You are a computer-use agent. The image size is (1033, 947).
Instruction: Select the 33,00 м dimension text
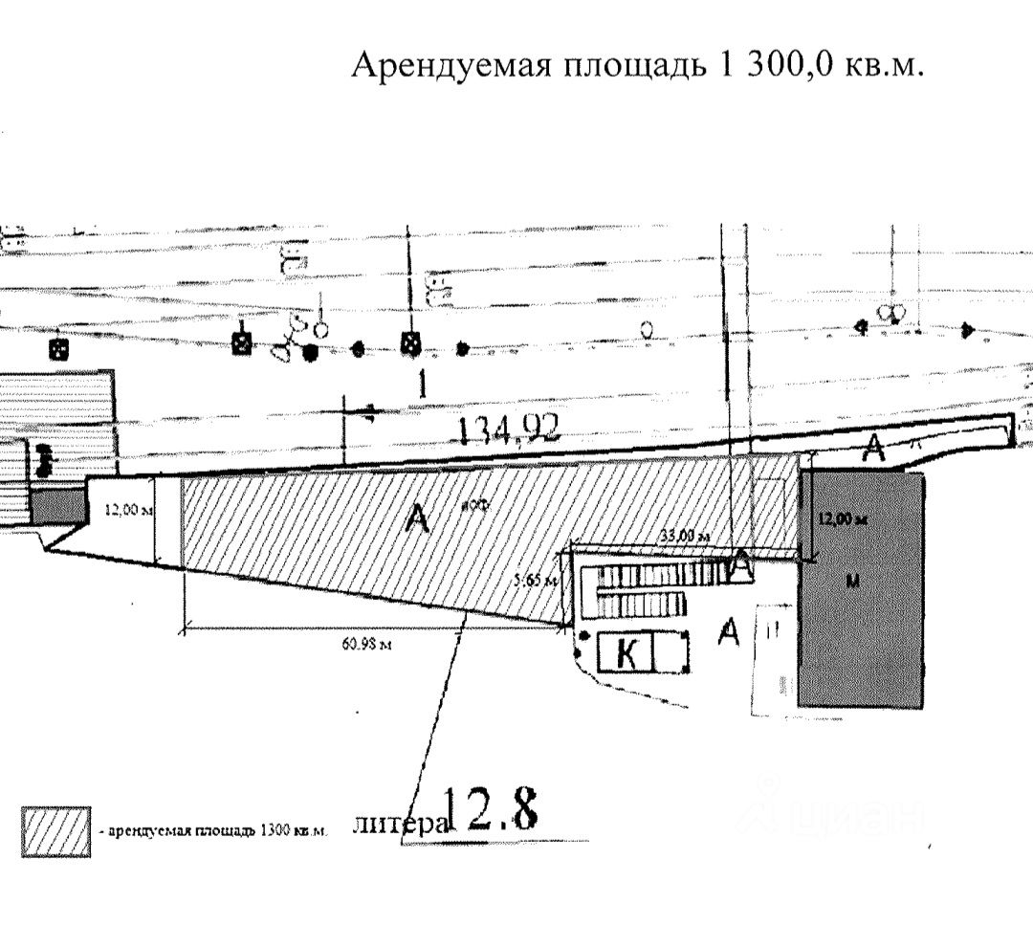pyautogui.click(x=685, y=538)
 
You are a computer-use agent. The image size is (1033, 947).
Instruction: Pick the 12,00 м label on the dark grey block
pyautogui.click(x=843, y=519)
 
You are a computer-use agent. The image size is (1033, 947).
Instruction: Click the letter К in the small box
pyautogui.click(x=626, y=655)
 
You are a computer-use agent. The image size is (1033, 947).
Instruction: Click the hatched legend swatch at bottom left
pyautogui.click(x=56, y=831)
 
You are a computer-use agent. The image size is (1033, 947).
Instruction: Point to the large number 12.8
pyautogui.click(x=492, y=810)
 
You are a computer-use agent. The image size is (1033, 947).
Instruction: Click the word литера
pyautogui.click(x=399, y=825)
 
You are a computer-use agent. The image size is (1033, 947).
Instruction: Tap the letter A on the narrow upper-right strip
pyautogui.click(x=872, y=448)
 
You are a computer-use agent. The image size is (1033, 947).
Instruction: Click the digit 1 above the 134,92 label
pyautogui.click(x=421, y=385)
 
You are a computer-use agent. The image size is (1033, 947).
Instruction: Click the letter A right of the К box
pyautogui.click(x=729, y=631)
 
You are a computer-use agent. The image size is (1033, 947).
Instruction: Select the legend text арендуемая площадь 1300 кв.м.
pyautogui.click(x=213, y=830)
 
